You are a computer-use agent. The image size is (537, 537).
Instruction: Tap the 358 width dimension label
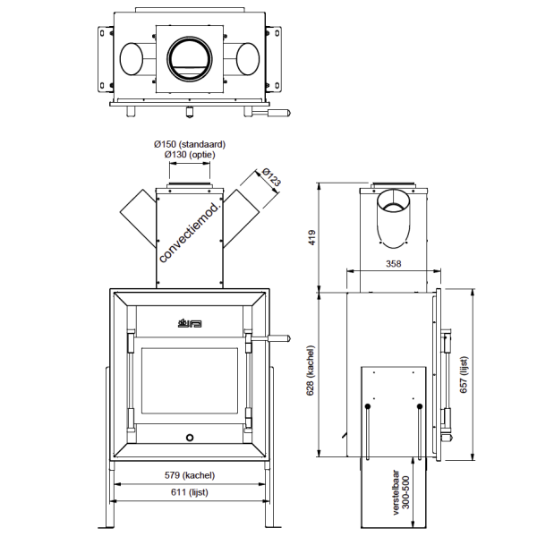392,265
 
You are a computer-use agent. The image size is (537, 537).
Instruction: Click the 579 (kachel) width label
189,475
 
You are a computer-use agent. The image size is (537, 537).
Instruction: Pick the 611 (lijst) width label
189,493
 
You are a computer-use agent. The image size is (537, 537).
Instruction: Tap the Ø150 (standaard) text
189,143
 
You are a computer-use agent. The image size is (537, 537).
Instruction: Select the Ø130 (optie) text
189,154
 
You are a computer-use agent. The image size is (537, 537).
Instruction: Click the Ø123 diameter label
272,177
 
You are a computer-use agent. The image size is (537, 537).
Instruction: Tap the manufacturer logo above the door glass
189,322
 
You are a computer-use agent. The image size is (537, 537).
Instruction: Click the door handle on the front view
273,337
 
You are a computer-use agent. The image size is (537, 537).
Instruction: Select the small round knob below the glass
189,438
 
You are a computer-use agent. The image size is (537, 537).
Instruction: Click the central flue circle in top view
189,60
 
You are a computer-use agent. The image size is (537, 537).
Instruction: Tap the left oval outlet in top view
135,60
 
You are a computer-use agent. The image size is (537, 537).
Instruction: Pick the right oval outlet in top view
243,60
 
